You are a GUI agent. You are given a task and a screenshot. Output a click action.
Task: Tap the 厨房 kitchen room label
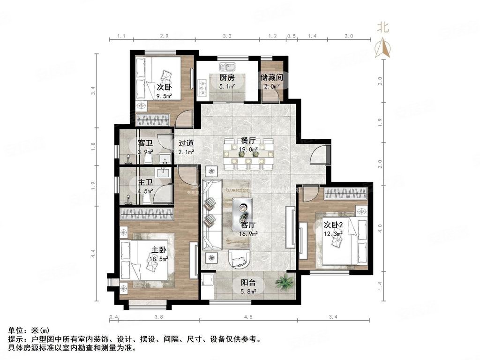tap(227, 77)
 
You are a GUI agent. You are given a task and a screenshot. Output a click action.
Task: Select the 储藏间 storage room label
tap(271, 77)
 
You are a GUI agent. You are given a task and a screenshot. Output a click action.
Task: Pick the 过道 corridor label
tap(186, 143)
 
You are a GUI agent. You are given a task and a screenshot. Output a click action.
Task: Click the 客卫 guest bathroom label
tap(145, 143)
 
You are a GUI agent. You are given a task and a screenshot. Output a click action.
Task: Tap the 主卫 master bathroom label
tap(145, 182)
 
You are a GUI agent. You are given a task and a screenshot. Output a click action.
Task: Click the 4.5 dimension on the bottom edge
tap(248, 318)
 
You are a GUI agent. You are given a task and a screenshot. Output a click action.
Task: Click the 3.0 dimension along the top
tap(227, 36)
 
